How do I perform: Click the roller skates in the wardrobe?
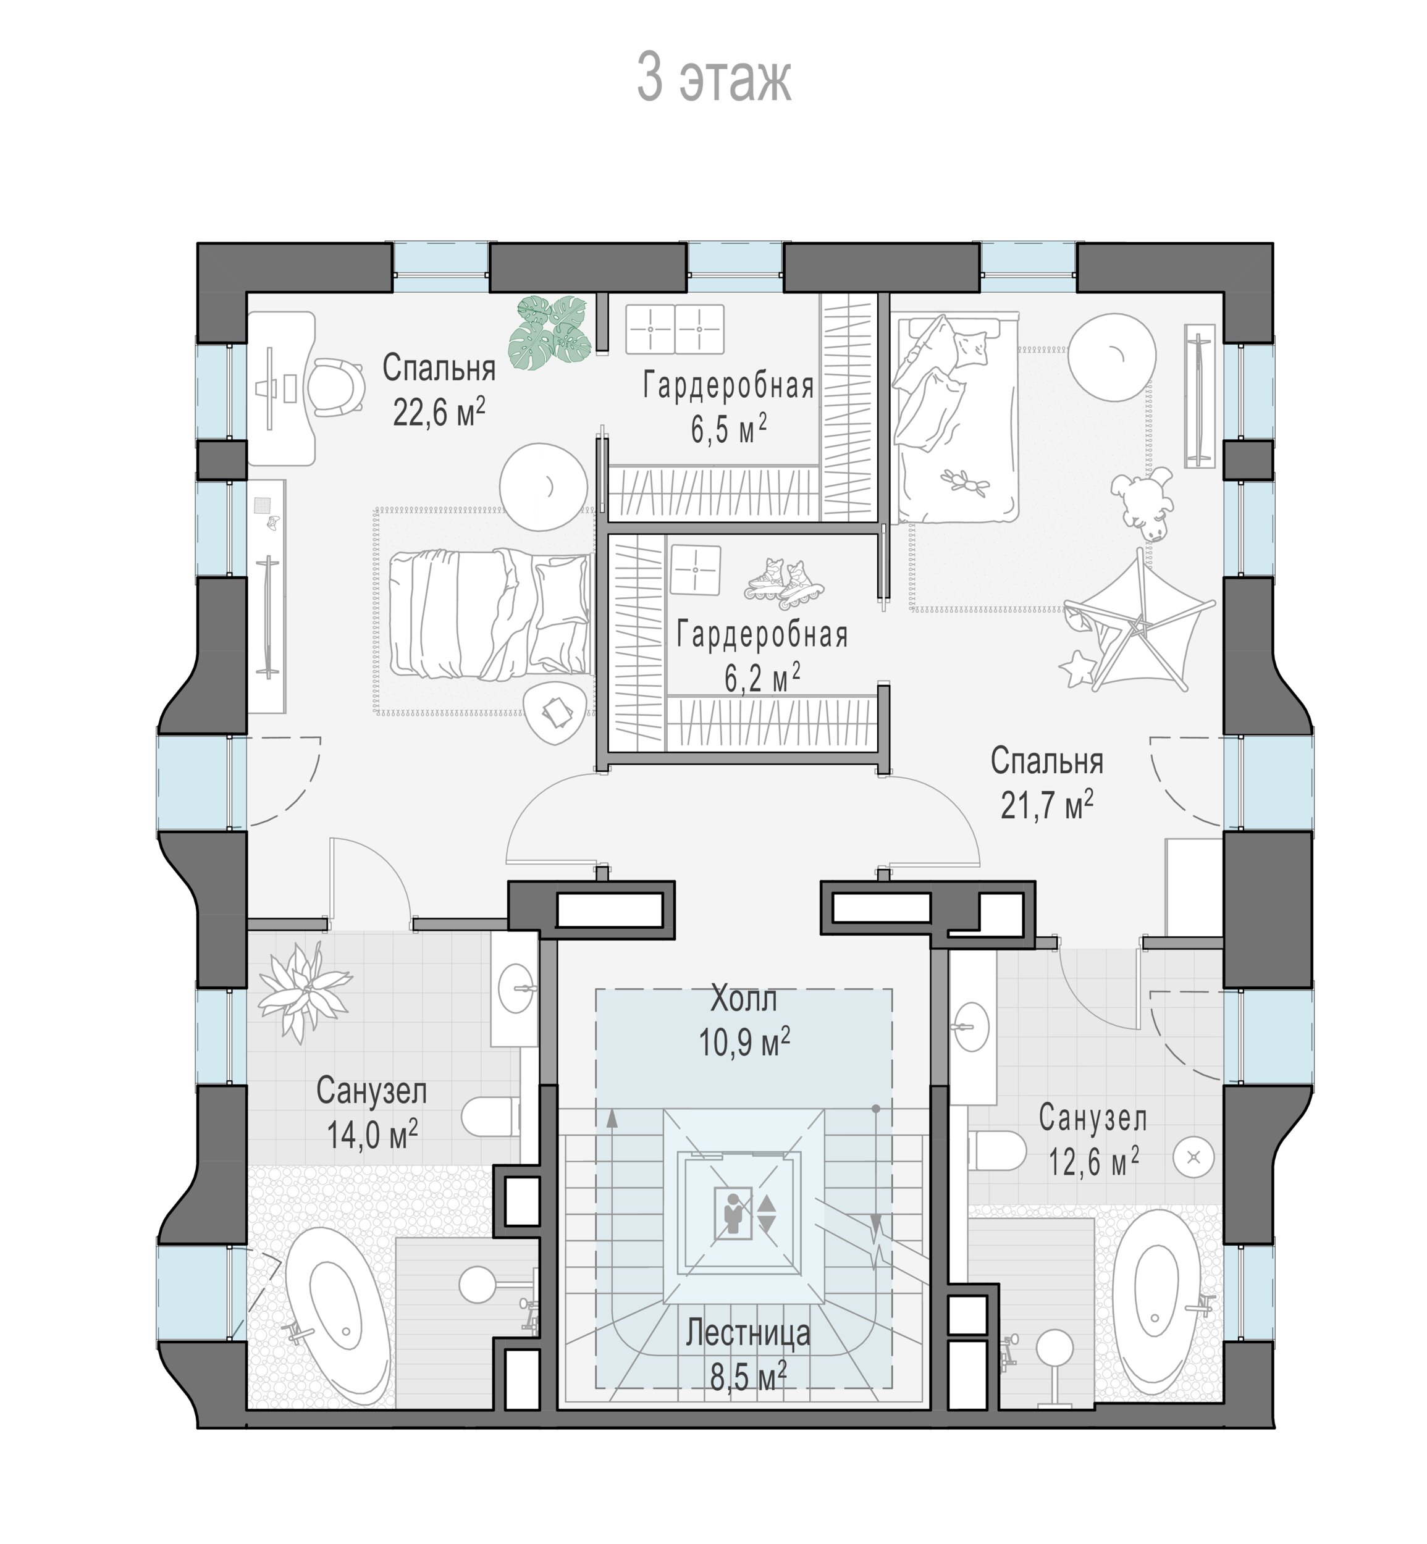785,580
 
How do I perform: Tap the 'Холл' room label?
744,1000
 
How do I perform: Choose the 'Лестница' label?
748,1333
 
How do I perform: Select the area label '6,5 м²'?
728,429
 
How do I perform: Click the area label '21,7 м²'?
1047,806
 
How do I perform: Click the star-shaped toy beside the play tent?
1078,668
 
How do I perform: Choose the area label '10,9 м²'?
744,1043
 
